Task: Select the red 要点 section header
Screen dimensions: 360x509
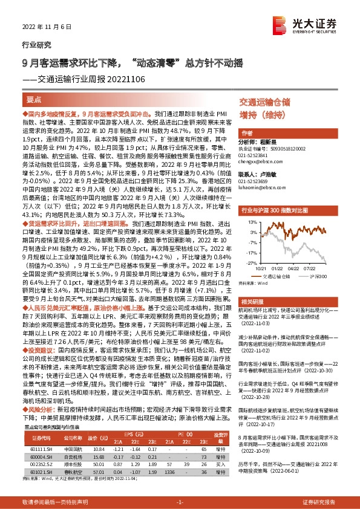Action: [35, 100]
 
